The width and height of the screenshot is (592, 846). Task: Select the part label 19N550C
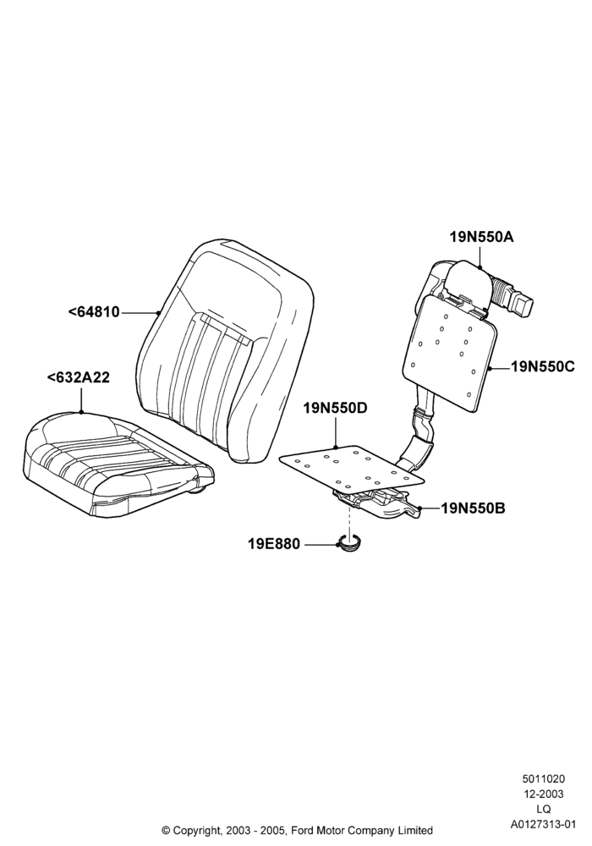543,367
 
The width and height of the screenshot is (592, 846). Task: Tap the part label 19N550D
335,408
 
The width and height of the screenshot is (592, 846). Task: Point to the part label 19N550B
474,508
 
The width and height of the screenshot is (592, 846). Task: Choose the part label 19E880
273,544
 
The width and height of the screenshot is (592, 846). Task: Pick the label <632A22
79,377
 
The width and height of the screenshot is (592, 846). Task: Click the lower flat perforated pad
353,465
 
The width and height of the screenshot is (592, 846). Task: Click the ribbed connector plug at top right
513,297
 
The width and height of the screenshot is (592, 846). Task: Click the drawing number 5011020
543,779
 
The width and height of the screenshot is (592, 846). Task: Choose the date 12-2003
543,794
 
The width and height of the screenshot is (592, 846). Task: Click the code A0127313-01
544,824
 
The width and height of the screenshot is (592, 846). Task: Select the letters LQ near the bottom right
544,810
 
